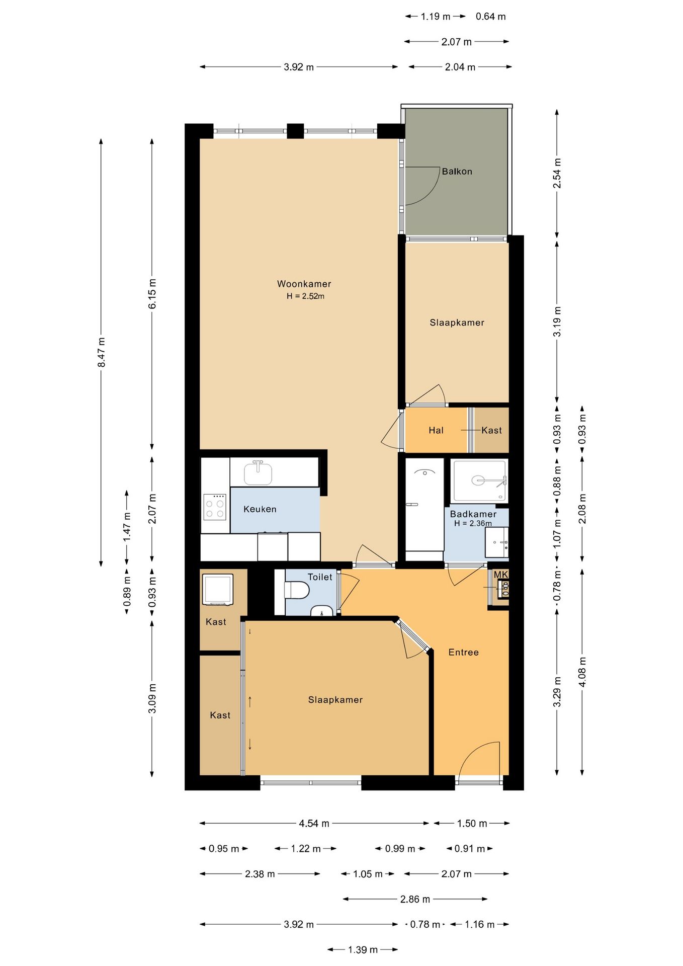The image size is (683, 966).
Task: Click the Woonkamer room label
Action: pyautogui.click(x=304, y=284)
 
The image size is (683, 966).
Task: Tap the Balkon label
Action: pyautogui.click(x=457, y=172)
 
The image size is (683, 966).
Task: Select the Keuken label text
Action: pyautogui.click(x=260, y=509)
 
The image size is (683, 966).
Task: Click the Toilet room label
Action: pyautogui.click(x=320, y=577)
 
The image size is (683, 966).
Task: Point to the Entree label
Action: pyautogui.click(x=463, y=652)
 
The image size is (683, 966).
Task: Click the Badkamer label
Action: pyautogui.click(x=473, y=514)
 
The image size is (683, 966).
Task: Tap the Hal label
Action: pyautogui.click(x=436, y=430)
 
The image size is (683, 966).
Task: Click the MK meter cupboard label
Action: pyautogui.click(x=500, y=575)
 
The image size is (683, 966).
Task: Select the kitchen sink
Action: pyautogui.click(x=258, y=472)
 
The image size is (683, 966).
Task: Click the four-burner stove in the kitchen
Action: pyautogui.click(x=215, y=507)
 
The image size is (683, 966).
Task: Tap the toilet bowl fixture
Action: pyautogui.click(x=296, y=590)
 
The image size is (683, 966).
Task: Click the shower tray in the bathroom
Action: pyautogui.click(x=479, y=480)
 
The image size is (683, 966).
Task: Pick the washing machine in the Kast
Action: pyautogui.click(x=217, y=589)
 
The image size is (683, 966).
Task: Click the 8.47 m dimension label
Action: pyautogui.click(x=101, y=352)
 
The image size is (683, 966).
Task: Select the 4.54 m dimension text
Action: pyautogui.click(x=314, y=823)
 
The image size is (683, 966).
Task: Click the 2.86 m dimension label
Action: pyautogui.click(x=415, y=899)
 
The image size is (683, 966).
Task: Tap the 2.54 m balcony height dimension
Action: pyautogui.click(x=557, y=173)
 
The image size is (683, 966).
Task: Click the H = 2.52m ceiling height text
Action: pyautogui.click(x=305, y=296)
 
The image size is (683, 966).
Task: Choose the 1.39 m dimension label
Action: pyautogui.click(x=363, y=949)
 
